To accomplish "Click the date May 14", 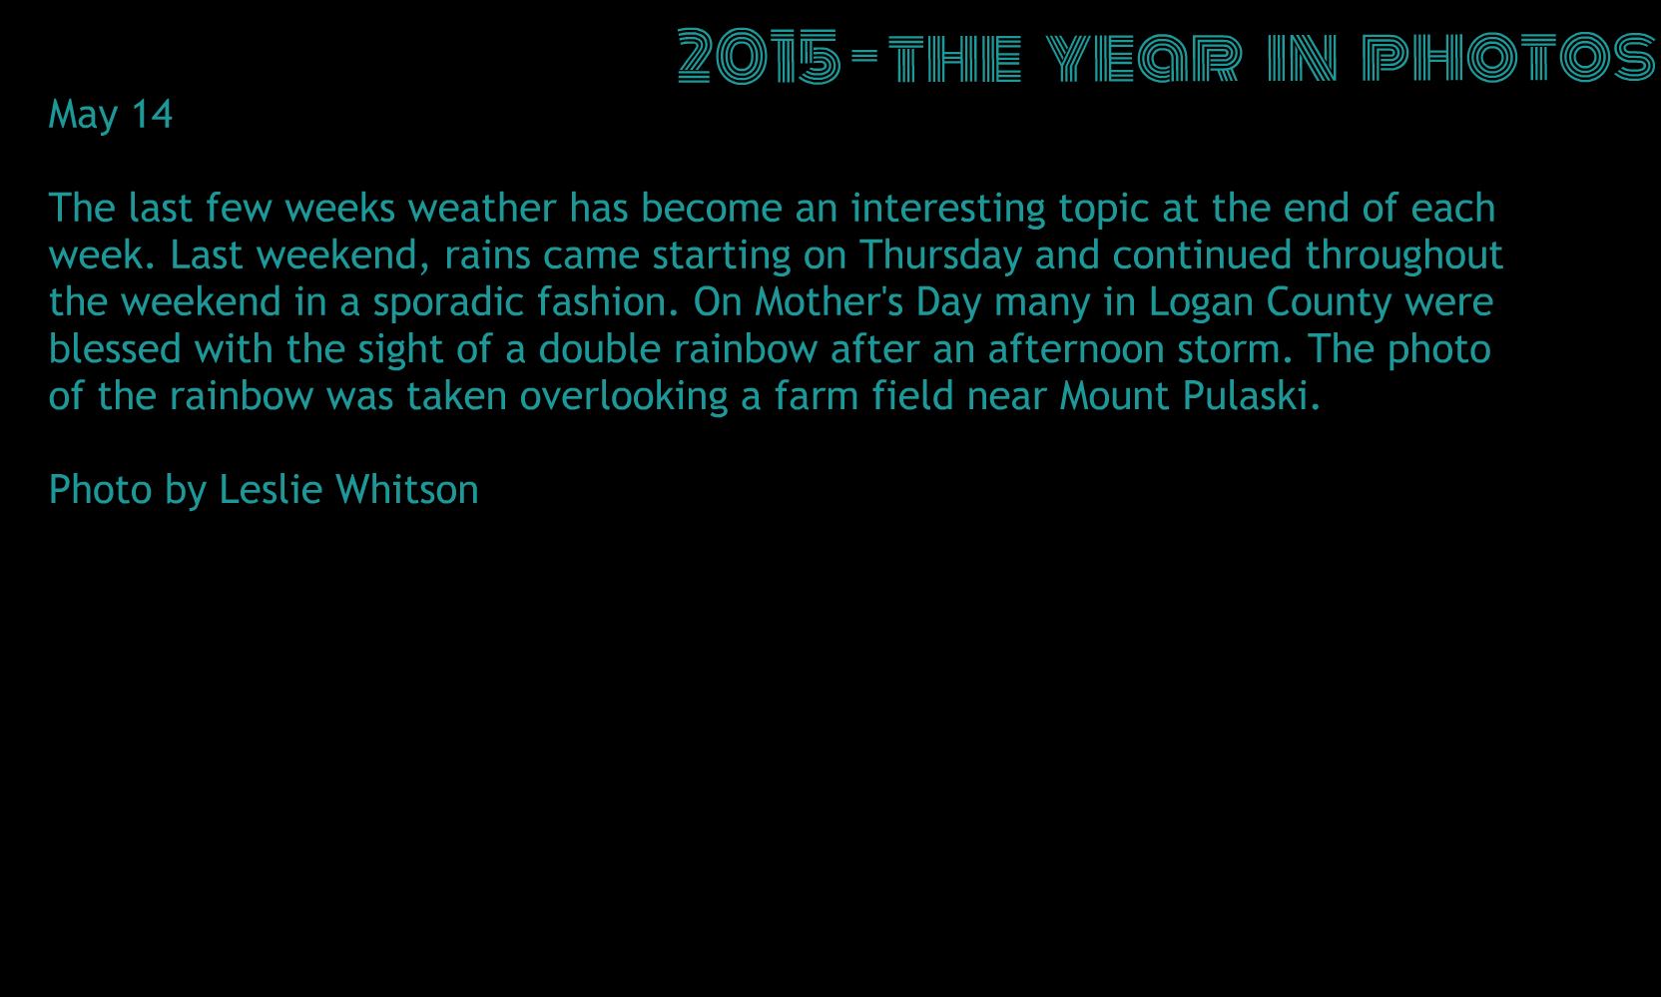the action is pyautogui.click(x=111, y=115).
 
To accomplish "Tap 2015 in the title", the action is pyautogui.click(x=759, y=56).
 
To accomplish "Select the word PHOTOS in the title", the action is pyautogui.click(x=1508, y=56).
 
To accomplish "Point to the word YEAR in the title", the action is pyautogui.click(x=1143, y=57).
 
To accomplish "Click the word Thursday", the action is pyautogui.click(x=941, y=254).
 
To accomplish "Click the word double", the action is pyautogui.click(x=599, y=348).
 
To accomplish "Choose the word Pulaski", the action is pyautogui.click(x=1252, y=396).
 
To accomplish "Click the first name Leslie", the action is pyautogui.click(x=271, y=489).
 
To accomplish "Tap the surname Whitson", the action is pyautogui.click(x=407, y=489).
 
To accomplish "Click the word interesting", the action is pyautogui.click(x=947, y=209).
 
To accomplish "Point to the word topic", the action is pyautogui.click(x=1103, y=209).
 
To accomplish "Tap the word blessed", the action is pyautogui.click(x=115, y=348).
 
